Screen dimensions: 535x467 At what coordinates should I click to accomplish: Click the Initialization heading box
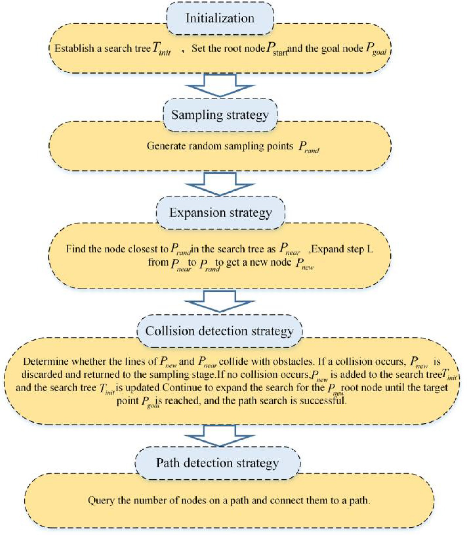click(x=220, y=18)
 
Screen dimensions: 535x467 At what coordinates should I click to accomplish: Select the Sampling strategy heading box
click(x=220, y=115)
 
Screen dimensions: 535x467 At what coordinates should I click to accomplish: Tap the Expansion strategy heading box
click(x=220, y=213)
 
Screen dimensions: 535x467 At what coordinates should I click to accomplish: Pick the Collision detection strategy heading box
click(x=219, y=331)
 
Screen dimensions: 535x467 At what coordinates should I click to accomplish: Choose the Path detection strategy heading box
click(x=218, y=463)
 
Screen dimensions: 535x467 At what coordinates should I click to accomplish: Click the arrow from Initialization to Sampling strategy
click(x=220, y=85)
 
